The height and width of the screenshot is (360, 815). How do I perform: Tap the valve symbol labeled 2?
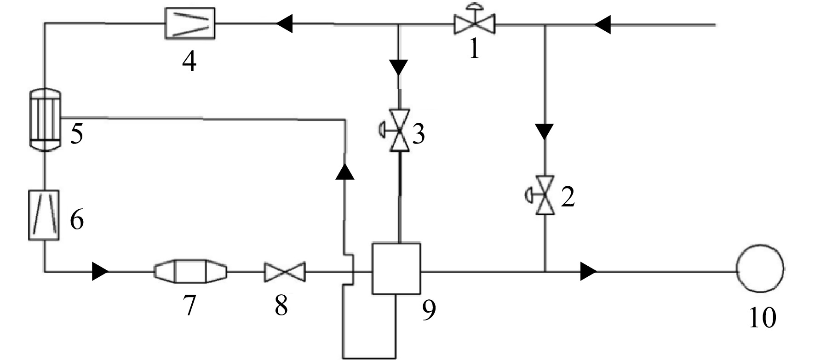tap(543, 196)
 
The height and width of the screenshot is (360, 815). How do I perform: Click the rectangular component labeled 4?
tap(190, 23)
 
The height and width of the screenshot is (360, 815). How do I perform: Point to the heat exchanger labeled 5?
tap(45, 119)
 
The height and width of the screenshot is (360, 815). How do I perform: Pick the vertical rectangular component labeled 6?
tap(44, 215)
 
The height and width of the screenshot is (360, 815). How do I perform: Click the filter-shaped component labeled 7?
tap(190, 272)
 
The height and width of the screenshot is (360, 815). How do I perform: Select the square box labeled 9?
tap(396, 269)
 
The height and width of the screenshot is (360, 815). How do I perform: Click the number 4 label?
tap(189, 61)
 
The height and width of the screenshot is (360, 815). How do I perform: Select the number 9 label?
tap(428, 311)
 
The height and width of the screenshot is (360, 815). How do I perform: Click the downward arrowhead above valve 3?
tap(399, 68)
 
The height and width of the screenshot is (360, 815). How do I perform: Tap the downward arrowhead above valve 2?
tap(545, 131)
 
